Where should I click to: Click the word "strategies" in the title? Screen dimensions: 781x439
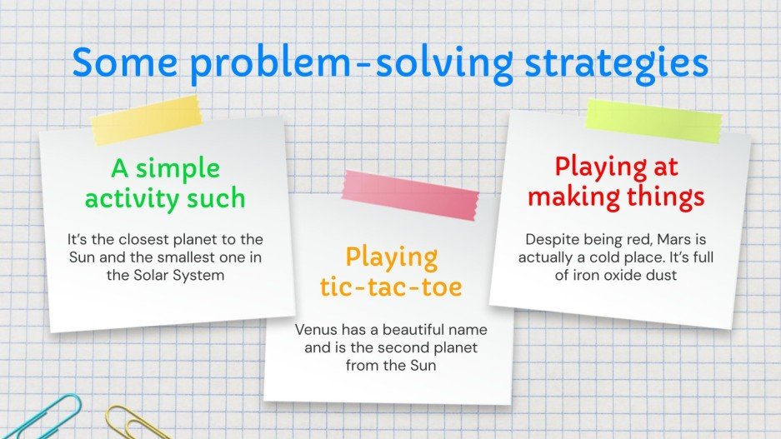(x=617, y=64)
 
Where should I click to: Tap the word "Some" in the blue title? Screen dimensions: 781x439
(x=125, y=61)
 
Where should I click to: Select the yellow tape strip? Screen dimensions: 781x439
(x=146, y=121)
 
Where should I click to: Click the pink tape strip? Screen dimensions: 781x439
(x=410, y=195)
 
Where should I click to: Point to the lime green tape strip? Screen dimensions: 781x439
(x=653, y=121)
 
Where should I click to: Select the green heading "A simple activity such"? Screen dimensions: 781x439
(x=165, y=183)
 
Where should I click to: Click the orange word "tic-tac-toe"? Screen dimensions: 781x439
(x=391, y=287)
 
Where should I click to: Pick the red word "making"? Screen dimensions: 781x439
(x=573, y=197)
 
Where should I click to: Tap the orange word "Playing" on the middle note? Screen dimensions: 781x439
(x=392, y=258)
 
